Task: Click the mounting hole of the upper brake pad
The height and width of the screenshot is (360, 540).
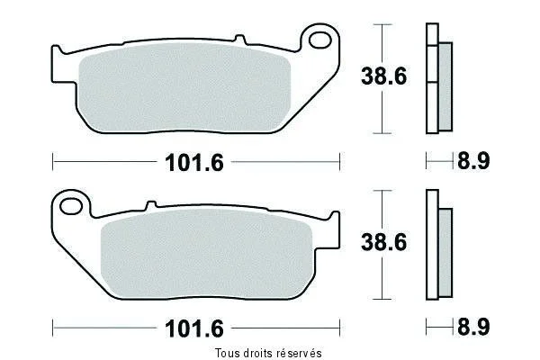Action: tap(319, 40)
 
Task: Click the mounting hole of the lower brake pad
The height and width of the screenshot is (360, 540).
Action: tap(71, 206)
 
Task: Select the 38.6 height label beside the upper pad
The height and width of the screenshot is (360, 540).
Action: tap(383, 76)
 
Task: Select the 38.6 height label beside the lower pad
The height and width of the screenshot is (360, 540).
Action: tap(383, 242)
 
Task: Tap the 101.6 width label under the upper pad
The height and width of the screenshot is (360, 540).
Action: tap(194, 163)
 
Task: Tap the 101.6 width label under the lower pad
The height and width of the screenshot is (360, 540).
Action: tap(194, 328)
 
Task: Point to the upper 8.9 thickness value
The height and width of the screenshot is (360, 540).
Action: tap(473, 161)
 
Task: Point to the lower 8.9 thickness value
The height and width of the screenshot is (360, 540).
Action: tap(473, 327)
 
